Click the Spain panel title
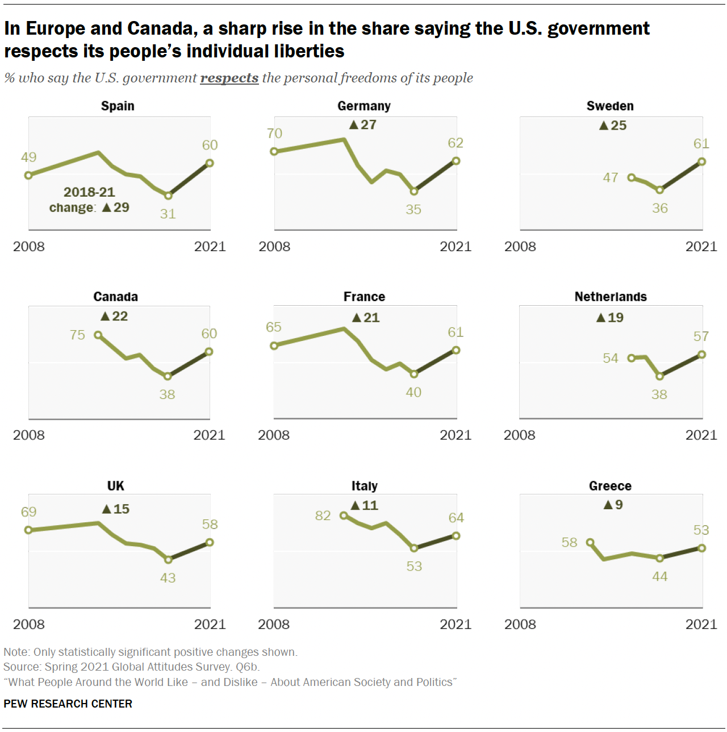[x=118, y=106]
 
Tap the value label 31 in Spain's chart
[x=168, y=214]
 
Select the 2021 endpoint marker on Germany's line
[x=456, y=161]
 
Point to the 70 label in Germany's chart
[x=274, y=133]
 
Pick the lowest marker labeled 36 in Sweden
[x=659, y=190]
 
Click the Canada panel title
[x=115, y=297]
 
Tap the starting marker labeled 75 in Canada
[x=98, y=335]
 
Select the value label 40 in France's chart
[x=413, y=392]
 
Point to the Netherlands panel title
[x=611, y=297]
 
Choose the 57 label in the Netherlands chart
[x=701, y=336]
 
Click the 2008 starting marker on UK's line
[x=29, y=530]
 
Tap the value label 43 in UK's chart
[x=168, y=578]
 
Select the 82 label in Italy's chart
[x=323, y=515]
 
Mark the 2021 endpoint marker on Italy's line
[x=456, y=535]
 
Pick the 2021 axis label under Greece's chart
[x=701, y=624]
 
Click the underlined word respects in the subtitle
[x=229, y=78]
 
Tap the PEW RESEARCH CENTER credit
[x=68, y=704]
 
